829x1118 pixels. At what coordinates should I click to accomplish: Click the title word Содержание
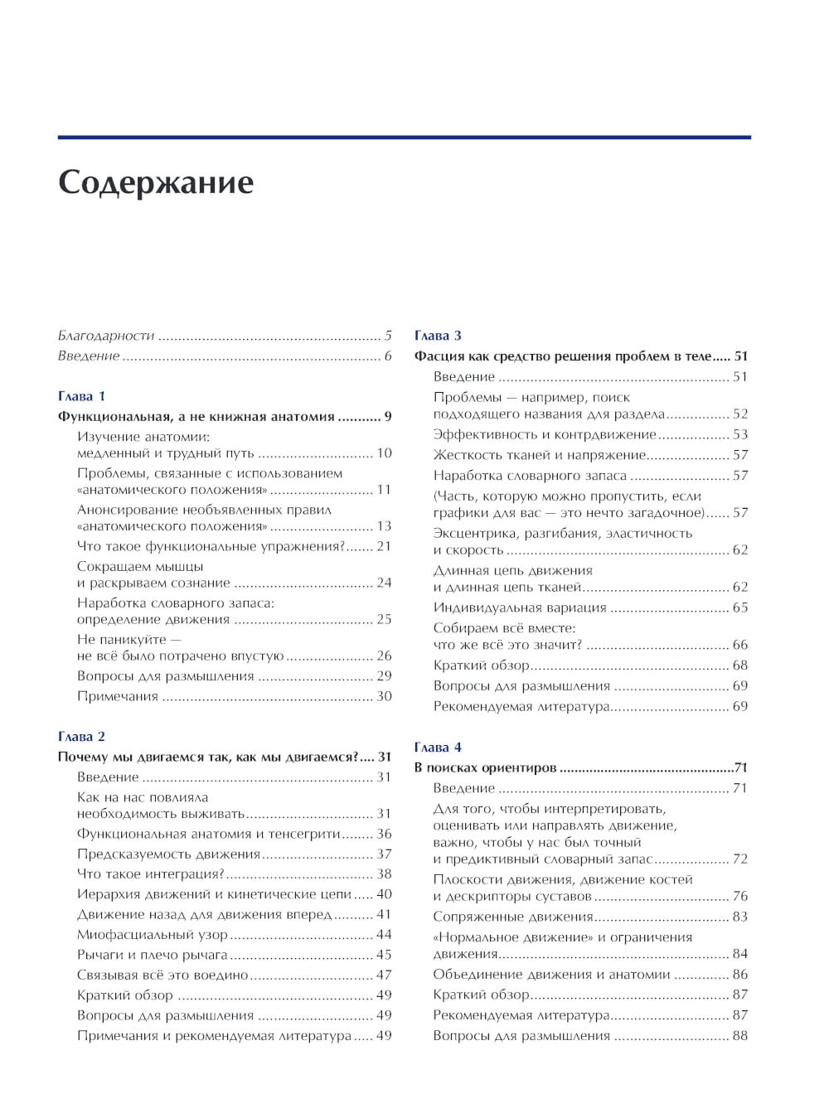tap(155, 182)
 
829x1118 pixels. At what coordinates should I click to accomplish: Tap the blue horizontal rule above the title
tap(404, 137)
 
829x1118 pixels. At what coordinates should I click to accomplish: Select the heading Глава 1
tap(81, 396)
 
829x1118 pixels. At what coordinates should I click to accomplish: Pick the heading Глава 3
tap(438, 336)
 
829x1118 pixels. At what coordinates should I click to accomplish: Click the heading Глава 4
tap(438, 747)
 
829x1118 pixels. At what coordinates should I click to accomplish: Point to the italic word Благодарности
tap(106, 336)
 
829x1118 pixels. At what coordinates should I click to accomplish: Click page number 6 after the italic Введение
tap(388, 356)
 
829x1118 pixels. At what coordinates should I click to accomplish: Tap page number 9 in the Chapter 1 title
tap(388, 417)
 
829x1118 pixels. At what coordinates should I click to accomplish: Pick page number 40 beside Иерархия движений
tap(384, 894)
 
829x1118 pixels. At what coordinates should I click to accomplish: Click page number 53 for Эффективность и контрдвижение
tap(739, 434)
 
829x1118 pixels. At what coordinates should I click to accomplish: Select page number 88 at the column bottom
tap(739, 1035)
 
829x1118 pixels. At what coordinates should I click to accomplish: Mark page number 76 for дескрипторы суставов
tap(739, 896)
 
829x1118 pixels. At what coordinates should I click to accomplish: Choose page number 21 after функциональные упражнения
tap(384, 546)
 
